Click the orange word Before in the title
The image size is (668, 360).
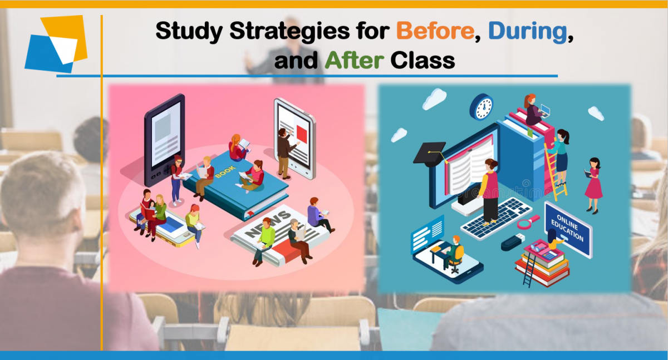click(435, 31)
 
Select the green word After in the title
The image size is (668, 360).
click(354, 60)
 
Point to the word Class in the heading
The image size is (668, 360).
click(423, 60)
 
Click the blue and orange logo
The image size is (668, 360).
click(56, 44)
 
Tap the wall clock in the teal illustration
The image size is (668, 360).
click(482, 107)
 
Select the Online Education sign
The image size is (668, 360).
click(568, 229)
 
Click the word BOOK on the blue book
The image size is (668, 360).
click(225, 172)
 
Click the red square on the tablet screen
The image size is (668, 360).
click(302, 133)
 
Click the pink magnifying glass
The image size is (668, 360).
click(528, 221)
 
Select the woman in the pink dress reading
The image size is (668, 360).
click(593, 185)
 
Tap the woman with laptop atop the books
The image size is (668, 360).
click(536, 110)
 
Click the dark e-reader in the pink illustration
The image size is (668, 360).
click(164, 140)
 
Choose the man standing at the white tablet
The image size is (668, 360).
click(286, 154)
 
